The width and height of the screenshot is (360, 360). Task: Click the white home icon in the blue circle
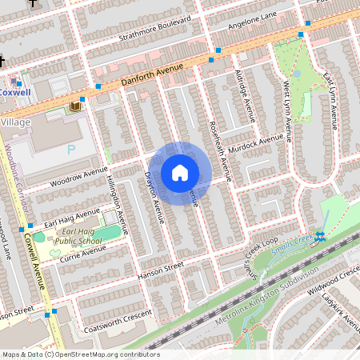(179, 173)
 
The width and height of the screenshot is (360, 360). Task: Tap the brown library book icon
(75, 106)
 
